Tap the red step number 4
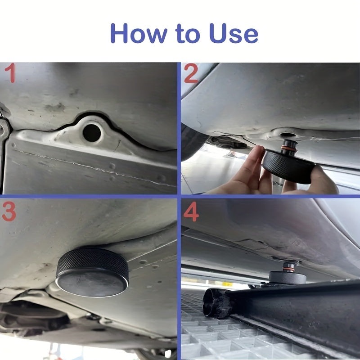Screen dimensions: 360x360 coord(191,212)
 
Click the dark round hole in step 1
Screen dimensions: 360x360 coord(92,132)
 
